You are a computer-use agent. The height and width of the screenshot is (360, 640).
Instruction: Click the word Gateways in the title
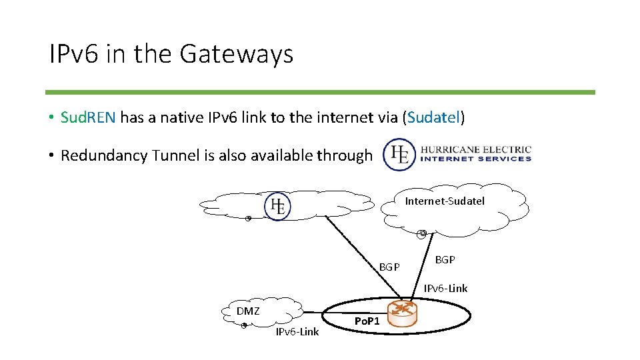[x=237, y=54]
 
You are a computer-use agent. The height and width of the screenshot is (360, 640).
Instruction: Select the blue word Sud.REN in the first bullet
[x=88, y=118]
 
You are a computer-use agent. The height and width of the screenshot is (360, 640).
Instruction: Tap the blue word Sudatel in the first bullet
[x=434, y=118]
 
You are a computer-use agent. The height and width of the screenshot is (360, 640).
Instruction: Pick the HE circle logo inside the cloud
[x=277, y=206]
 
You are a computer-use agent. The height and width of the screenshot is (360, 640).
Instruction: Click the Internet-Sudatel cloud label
[x=445, y=201]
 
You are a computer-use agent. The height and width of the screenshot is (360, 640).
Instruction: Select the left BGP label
[x=389, y=267]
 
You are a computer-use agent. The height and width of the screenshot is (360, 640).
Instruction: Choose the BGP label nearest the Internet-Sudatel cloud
[x=445, y=259]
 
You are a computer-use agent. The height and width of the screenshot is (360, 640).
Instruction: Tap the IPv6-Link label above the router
[x=445, y=289]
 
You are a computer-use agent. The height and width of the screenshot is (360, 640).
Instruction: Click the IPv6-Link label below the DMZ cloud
[x=297, y=331]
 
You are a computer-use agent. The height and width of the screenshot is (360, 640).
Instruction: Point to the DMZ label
[x=248, y=311]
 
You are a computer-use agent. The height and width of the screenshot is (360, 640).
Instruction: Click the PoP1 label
[x=367, y=321]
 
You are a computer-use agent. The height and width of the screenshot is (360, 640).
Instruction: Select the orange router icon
[x=403, y=312]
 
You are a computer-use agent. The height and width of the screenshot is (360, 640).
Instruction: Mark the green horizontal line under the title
[x=320, y=92]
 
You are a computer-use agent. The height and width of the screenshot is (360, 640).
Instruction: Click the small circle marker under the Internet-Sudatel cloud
[x=422, y=233]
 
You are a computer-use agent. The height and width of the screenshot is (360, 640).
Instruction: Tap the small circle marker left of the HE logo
[x=248, y=219]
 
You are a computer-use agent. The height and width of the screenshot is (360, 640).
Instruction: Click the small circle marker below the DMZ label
[x=244, y=325]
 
